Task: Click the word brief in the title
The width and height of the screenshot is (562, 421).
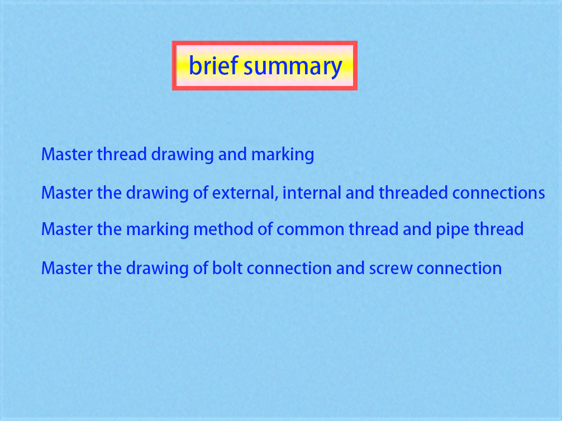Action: point(213,65)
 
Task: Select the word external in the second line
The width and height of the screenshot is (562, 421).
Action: point(245,193)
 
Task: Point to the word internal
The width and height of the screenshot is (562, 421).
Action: point(312,193)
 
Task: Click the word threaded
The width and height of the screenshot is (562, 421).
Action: point(413,193)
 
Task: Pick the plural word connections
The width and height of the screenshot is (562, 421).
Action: point(498,194)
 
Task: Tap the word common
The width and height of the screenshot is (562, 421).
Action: point(311,229)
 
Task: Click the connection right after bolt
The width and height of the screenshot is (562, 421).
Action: point(289,269)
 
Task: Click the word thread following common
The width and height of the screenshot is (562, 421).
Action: point(374,229)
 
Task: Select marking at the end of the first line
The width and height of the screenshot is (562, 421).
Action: point(283,155)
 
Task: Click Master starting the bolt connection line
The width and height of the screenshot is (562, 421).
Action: point(67,269)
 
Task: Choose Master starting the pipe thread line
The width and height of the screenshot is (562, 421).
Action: point(67,229)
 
